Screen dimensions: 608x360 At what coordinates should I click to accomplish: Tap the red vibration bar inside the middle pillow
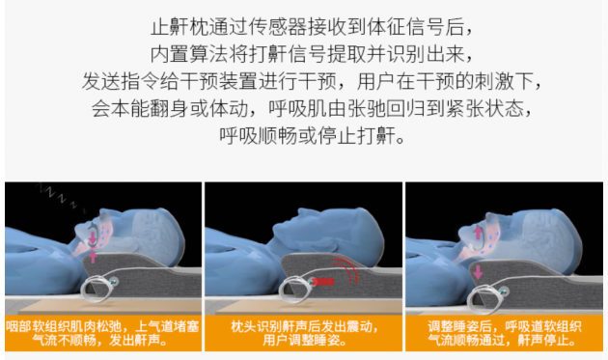(323, 281)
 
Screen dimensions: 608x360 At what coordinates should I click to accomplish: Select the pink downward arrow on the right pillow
(478, 271)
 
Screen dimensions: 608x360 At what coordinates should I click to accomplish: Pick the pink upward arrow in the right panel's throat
(478, 233)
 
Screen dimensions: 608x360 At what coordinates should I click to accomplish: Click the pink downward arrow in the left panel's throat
(93, 237)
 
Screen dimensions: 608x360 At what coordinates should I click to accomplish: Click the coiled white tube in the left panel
(97, 288)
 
